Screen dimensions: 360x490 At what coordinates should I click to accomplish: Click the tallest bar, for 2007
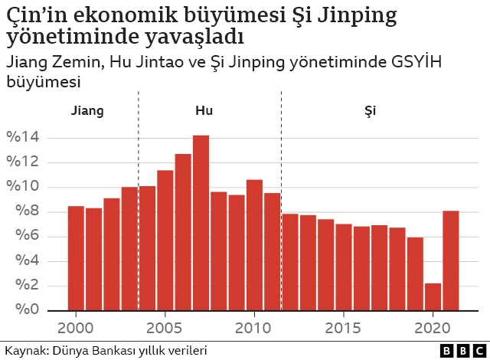(201, 222)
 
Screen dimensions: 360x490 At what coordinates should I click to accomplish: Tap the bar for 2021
(451, 260)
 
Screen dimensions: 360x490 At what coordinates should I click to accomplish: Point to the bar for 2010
(254, 244)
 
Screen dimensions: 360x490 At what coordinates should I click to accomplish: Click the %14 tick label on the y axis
(22, 138)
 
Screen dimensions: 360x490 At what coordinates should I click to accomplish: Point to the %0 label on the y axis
(22, 310)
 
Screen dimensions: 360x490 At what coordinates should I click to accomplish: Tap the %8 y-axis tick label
(22, 212)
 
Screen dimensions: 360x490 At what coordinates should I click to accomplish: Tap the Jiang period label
(87, 110)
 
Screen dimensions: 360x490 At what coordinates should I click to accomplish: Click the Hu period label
(204, 110)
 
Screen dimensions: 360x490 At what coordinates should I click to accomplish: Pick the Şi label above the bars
(370, 110)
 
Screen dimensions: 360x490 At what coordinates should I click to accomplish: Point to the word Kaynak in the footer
(24, 351)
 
